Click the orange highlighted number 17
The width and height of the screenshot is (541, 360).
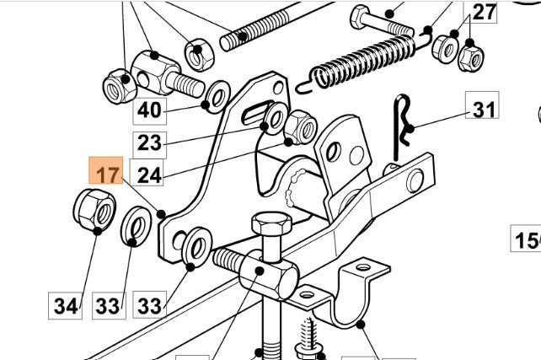pyautogui.click(x=106, y=175)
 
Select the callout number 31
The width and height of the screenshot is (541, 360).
pyautogui.click(x=482, y=110)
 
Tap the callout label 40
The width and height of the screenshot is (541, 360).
pyautogui.click(x=148, y=110)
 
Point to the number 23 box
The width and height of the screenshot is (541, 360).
pyautogui.click(x=148, y=142)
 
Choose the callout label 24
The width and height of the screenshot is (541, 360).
pyautogui.click(x=148, y=175)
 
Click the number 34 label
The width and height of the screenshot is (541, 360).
pyautogui.click(x=66, y=305)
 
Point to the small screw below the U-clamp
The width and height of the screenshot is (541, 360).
pyautogui.click(x=305, y=337)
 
